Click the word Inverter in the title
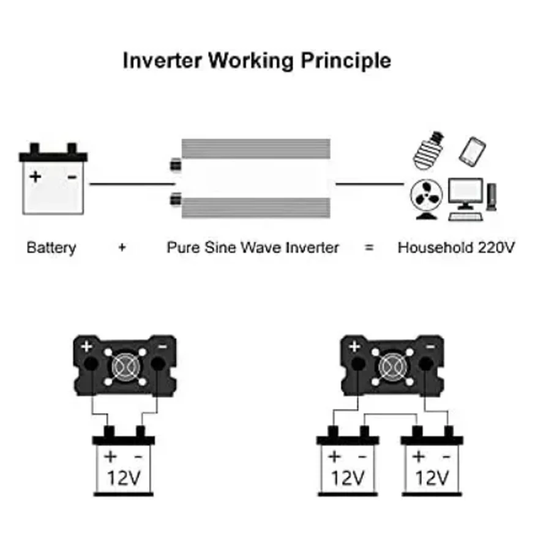click(163, 61)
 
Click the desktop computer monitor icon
click(465, 195)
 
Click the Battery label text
click(51, 248)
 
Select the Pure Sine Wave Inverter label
click(252, 248)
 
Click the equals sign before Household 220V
click(369, 248)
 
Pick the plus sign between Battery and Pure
click(122, 248)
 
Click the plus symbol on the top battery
click(36, 177)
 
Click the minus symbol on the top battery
click(72, 177)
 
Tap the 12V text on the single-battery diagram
click(124, 478)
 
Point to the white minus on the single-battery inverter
click(163, 347)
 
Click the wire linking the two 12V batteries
click(392, 414)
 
